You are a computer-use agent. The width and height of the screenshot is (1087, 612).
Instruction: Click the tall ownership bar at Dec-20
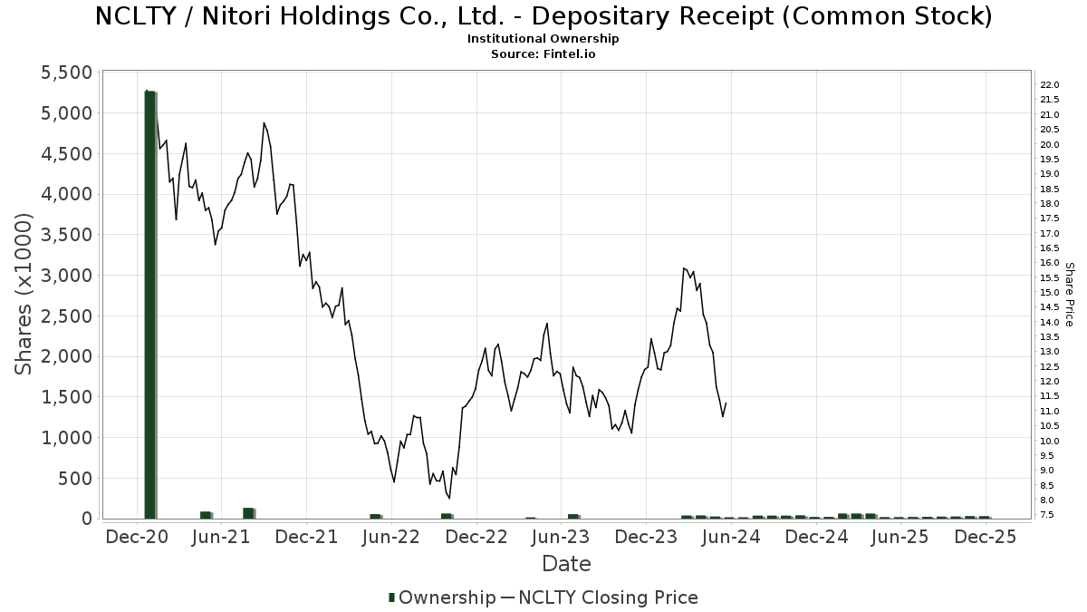point(150,304)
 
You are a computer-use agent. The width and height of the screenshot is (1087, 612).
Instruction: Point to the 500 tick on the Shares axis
point(76,478)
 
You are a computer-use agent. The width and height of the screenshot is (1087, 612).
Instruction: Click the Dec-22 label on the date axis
point(476,537)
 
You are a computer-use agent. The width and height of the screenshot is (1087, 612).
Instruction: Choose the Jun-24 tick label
point(730,537)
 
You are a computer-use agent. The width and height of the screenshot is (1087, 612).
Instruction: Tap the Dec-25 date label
point(986,537)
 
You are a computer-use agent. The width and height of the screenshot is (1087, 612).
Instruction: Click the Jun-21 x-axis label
point(221,537)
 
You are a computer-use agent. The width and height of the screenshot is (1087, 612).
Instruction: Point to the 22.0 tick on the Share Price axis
point(1051,85)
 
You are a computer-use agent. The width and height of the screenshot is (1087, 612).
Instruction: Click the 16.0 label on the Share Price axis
point(1051,263)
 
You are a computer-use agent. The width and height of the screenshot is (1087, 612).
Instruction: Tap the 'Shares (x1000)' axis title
point(24,294)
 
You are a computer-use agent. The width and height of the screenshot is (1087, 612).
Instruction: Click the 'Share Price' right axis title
point(1069,294)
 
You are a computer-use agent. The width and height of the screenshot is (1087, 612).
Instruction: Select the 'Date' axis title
point(566,564)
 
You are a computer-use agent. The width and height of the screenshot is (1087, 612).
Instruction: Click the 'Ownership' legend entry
point(441,597)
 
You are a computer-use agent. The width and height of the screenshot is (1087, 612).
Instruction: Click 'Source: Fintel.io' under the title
point(543,54)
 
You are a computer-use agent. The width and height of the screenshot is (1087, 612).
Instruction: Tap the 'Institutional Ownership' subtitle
point(543,39)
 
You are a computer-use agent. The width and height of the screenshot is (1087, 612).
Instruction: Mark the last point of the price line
point(726,403)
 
